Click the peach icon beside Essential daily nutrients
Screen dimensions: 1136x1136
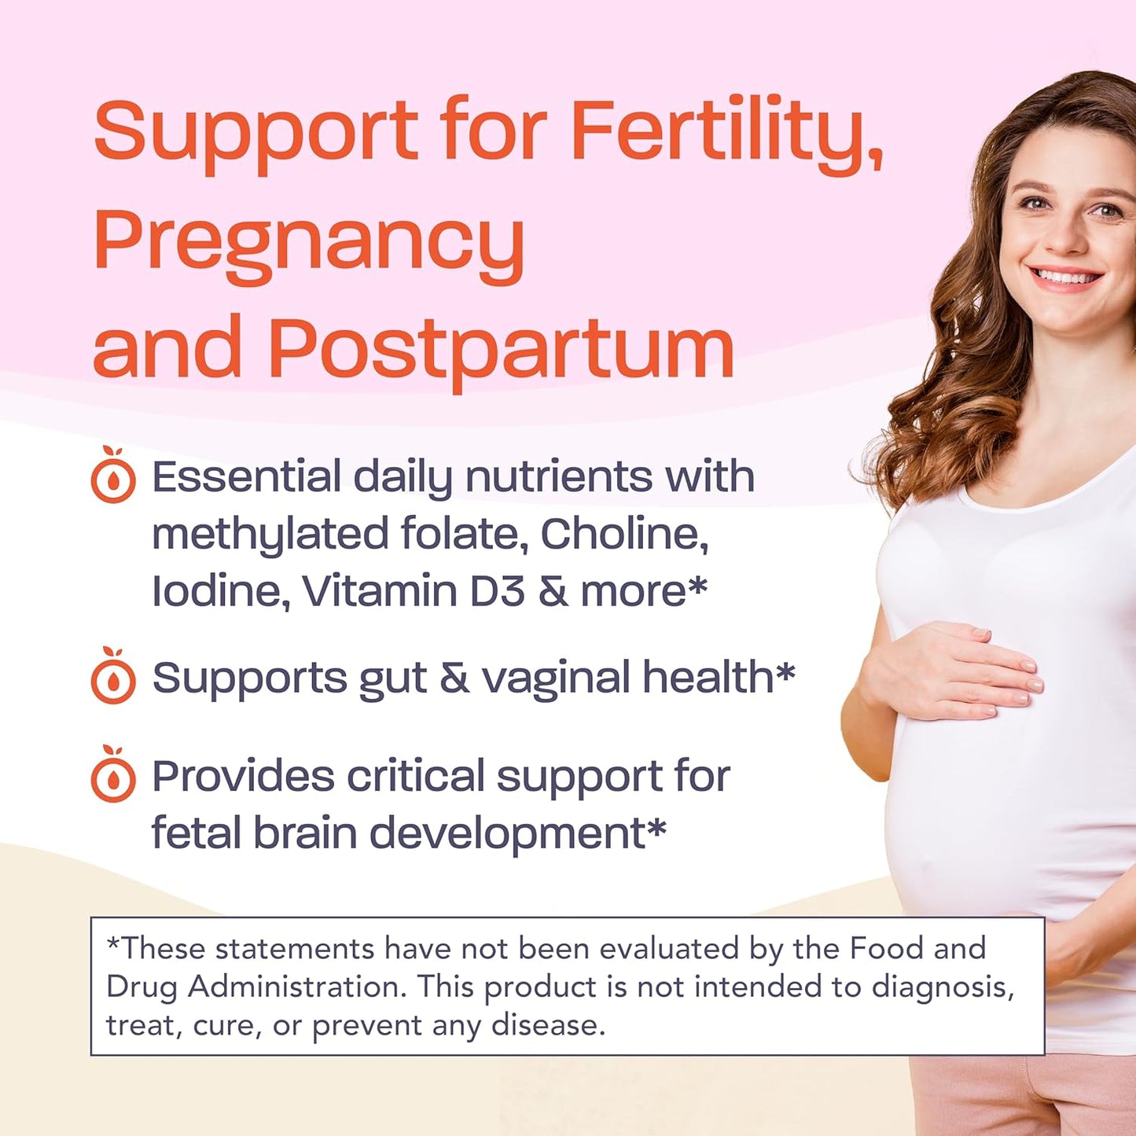tap(113, 476)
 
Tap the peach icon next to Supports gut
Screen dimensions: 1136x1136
tap(113, 677)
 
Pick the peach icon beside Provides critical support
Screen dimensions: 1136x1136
tap(113, 776)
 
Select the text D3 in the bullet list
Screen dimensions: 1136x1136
tap(497, 591)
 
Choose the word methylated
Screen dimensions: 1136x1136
tap(270, 535)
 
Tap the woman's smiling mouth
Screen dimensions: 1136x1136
tap(1067, 277)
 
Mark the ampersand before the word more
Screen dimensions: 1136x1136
tap(553, 591)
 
